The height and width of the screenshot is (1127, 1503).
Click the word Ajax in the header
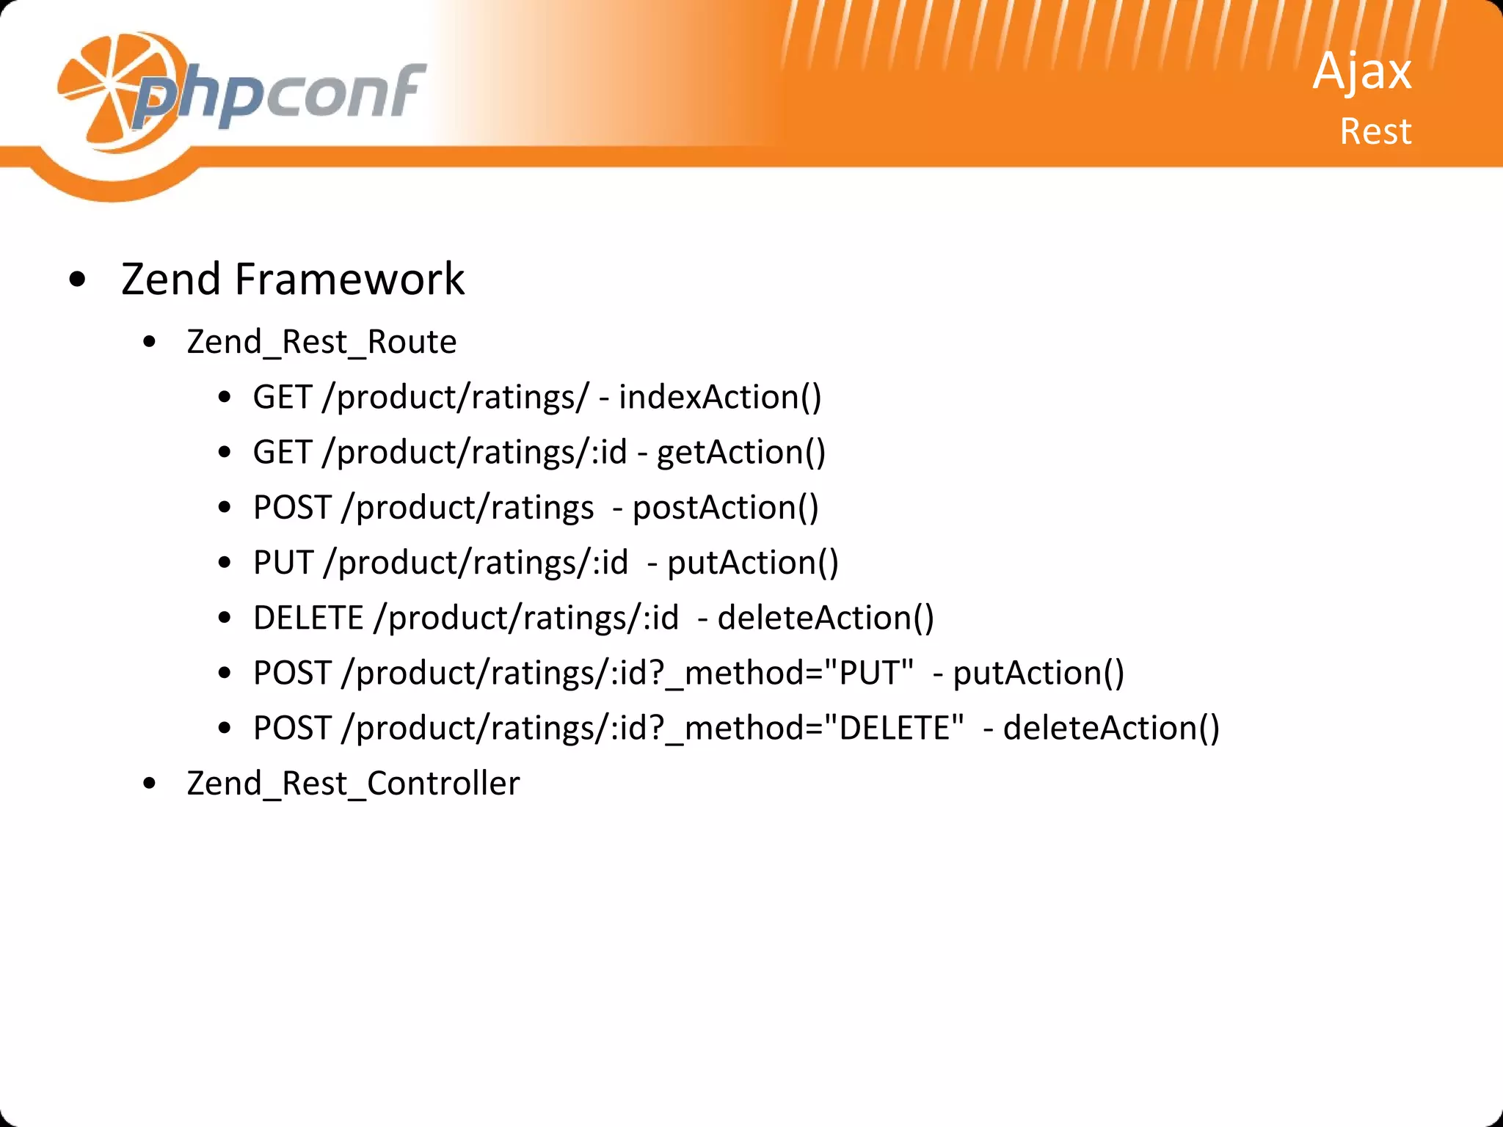(1361, 72)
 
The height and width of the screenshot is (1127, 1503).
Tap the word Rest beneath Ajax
(1375, 132)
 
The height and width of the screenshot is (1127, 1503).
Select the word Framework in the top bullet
(349, 280)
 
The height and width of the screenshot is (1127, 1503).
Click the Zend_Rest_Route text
(321, 342)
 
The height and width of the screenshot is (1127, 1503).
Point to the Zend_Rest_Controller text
(353, 783)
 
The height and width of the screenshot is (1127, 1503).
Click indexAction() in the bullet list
(720, 397)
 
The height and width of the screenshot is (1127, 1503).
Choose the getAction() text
(740, 452)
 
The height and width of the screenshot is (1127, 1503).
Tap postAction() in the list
(725, 508)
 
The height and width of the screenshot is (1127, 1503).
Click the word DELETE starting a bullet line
(308, 618)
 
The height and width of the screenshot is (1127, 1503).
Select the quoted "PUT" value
(869, 673)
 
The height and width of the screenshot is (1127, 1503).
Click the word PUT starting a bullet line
(283, 563)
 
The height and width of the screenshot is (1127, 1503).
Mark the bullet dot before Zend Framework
(77, 280)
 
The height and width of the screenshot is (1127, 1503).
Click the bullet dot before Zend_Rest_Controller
(150, 784)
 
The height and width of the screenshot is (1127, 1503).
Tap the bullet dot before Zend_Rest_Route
(150, 342)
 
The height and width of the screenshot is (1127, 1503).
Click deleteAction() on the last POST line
(1111, 728)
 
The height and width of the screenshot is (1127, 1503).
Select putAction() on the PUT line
(752, 563)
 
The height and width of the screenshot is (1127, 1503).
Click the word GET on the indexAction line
(283, 397)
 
